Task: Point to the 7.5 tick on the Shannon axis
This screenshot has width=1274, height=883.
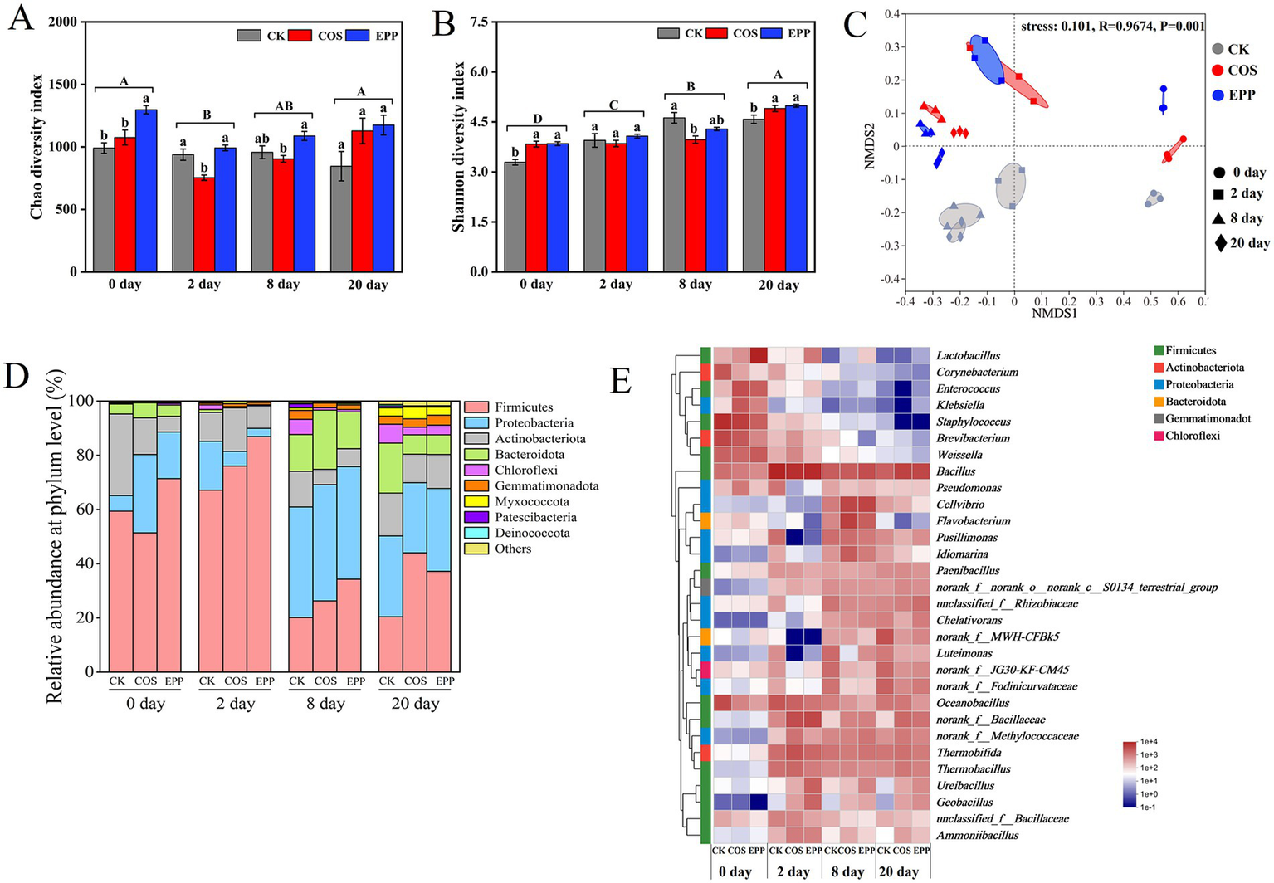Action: click(476, 22)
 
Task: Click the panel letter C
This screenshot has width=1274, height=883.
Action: click(860, 25)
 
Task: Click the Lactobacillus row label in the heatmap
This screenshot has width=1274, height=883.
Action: click(968, 356)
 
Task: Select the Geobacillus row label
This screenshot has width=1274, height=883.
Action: click(964, 803)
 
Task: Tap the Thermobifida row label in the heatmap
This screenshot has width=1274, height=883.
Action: click(969, 753)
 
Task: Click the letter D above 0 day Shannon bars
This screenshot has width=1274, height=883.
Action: click(537, 120)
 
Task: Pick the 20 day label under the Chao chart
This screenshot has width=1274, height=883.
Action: click(366, 285)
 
